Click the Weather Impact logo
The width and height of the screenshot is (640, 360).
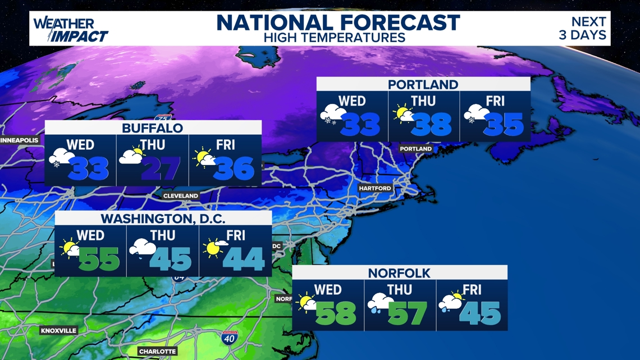(x=70, y=30)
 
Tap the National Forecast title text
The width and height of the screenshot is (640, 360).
(x=338, y=23)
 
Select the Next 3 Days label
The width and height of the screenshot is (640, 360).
(x=588, y=28)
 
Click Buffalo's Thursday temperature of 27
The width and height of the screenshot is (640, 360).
(x=161, y=168)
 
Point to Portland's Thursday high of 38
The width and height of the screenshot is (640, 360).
(x=432, y=124)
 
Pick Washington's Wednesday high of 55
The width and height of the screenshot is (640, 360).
(x=99, y=259)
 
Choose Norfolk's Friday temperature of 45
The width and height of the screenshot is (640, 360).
(x=480, y=313)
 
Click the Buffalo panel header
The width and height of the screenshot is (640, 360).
(x=153, y=128)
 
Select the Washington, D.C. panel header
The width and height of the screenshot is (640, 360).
(x=163, y=218)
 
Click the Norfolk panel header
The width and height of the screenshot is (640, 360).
(x=399, y=273)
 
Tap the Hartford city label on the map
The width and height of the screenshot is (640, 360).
(x=375, y=188)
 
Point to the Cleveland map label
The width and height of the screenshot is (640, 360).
(x=181, y=195)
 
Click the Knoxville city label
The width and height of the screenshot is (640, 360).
(x=58, y=331)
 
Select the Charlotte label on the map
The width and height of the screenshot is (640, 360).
(x=158, y=351)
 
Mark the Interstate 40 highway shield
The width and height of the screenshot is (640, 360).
(x=229, y=338)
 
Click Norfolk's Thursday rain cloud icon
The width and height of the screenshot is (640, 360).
(x=380, y=304)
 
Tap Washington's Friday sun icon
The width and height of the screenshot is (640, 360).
(x=214, y=247)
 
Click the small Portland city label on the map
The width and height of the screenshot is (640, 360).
(x=416, y=149)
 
